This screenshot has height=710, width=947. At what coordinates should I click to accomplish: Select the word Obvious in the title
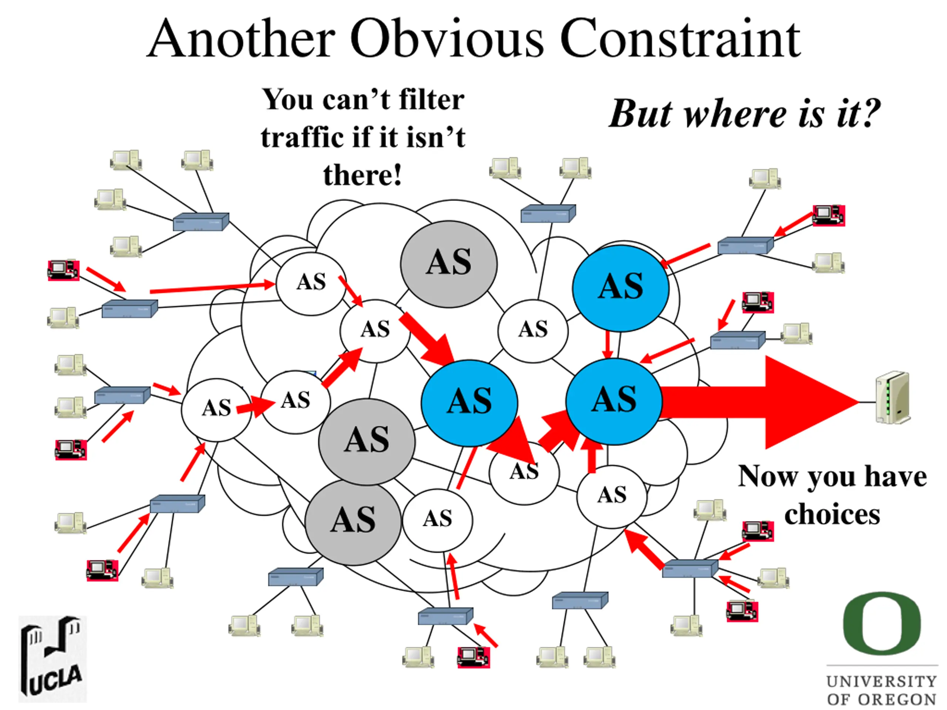click(447, 39)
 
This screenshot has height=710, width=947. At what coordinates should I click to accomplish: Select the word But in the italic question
click(640, 114)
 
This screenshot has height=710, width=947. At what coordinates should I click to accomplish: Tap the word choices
click(832, 514)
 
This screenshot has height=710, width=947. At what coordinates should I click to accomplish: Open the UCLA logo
click(52, 659)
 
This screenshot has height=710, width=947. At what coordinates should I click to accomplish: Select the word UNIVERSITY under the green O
click(882, 681)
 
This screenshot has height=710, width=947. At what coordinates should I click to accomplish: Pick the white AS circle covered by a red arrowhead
click(524, 473)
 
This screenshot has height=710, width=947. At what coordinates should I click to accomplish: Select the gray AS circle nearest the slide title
click(449, 264)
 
